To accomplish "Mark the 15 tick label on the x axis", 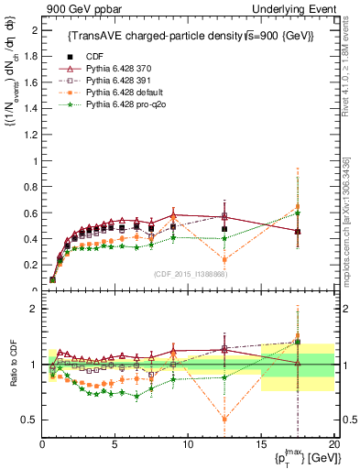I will coord(261,442).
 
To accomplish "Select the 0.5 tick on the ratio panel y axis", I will coord(31,420).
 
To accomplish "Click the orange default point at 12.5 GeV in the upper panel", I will coord(224,260).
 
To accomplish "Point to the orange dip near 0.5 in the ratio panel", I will coord(224,420).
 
